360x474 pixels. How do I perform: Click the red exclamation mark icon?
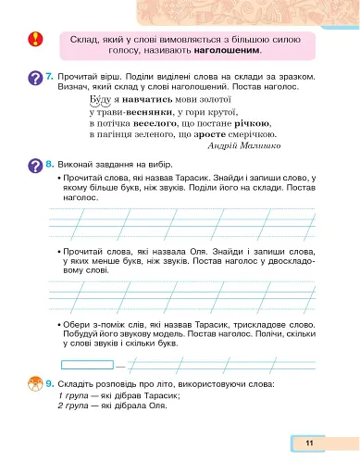pyautogui.click(x=35, y=41)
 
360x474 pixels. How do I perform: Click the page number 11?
pyautogui.click(x=309, y=444)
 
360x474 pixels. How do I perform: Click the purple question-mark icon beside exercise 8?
pyautogui.click(x=34, y=165)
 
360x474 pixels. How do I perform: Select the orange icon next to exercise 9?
pyautogui.click(x=34, y=384)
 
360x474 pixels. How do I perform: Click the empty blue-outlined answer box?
pyautogui.click(x=85, y=364)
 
